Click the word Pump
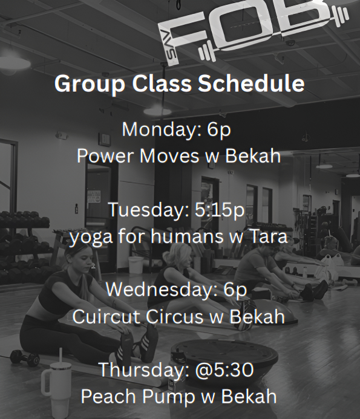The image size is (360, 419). tap(171, 396)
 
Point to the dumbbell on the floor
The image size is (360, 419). tap(24, 357)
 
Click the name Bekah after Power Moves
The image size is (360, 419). tap(253, 155)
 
